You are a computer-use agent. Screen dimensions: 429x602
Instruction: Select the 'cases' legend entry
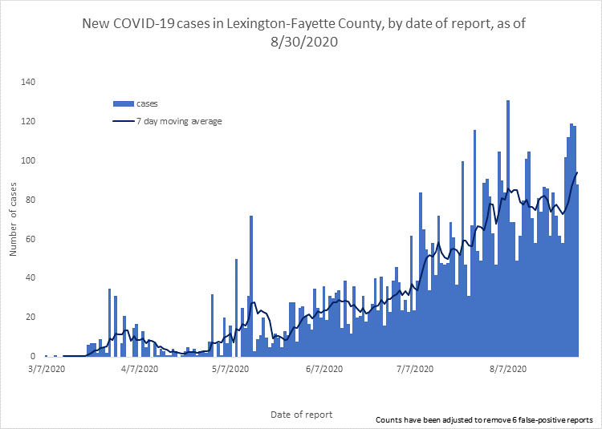pos(136,103)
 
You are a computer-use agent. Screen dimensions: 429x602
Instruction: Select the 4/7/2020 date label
pos(139,369)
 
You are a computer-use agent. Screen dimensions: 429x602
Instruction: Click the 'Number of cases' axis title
pos(13,219)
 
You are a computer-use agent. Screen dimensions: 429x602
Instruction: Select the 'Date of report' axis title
pos(301,415)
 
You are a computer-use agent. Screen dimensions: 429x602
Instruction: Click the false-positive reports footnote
pos(483,419)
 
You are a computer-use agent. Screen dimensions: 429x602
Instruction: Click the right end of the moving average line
pos(577,172)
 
